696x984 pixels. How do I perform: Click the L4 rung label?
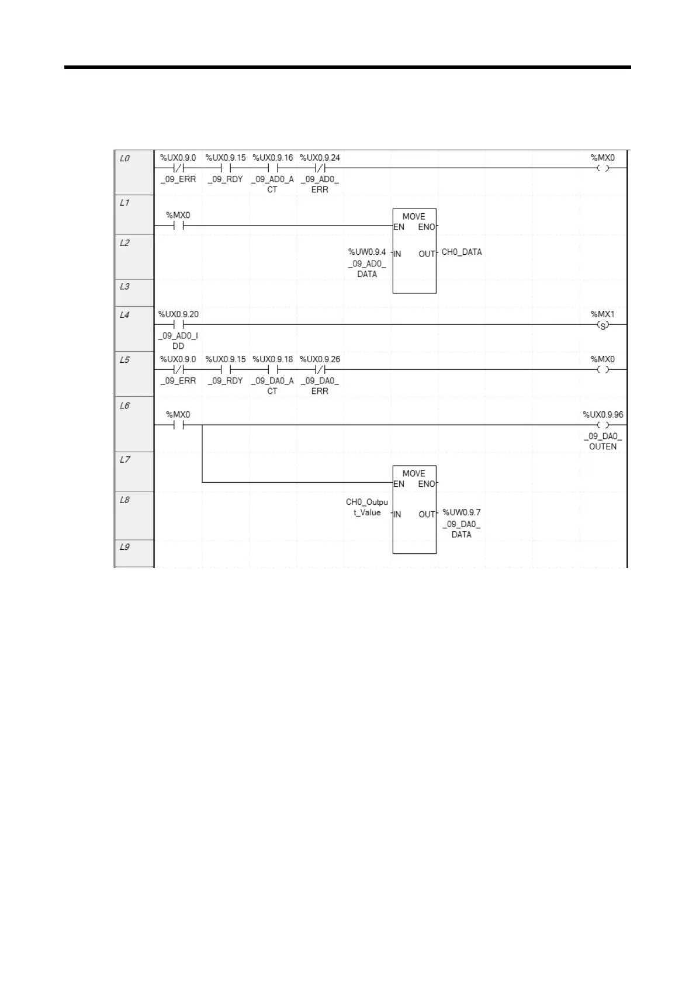(124, 315)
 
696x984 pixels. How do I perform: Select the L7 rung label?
(124, 460)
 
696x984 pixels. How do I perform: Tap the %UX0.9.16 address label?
(273, 158)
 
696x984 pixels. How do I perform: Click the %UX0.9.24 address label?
(320, 158)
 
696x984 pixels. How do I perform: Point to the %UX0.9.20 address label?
(178, 314)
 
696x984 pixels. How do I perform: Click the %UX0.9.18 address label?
(273, 359)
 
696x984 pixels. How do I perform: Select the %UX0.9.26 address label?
(320, 359)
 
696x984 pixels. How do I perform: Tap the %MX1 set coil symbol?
(602, 325)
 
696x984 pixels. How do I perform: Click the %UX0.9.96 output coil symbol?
(602, 425)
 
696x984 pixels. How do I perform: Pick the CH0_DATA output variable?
(462, 252)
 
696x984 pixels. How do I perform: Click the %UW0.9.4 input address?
(367, 252)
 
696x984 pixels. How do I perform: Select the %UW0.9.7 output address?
(462, 512)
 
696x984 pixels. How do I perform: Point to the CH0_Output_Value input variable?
(367, 507)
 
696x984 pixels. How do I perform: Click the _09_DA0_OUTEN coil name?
(602, 441)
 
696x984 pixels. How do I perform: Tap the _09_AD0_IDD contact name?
(178, 341)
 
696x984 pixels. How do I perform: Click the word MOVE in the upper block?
(414, 217)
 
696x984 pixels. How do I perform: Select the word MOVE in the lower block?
(414, 474)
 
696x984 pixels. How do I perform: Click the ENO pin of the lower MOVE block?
(427, 484)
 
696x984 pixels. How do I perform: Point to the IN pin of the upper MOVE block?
(397, 254)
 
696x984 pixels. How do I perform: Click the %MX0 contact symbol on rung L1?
(178, 226)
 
